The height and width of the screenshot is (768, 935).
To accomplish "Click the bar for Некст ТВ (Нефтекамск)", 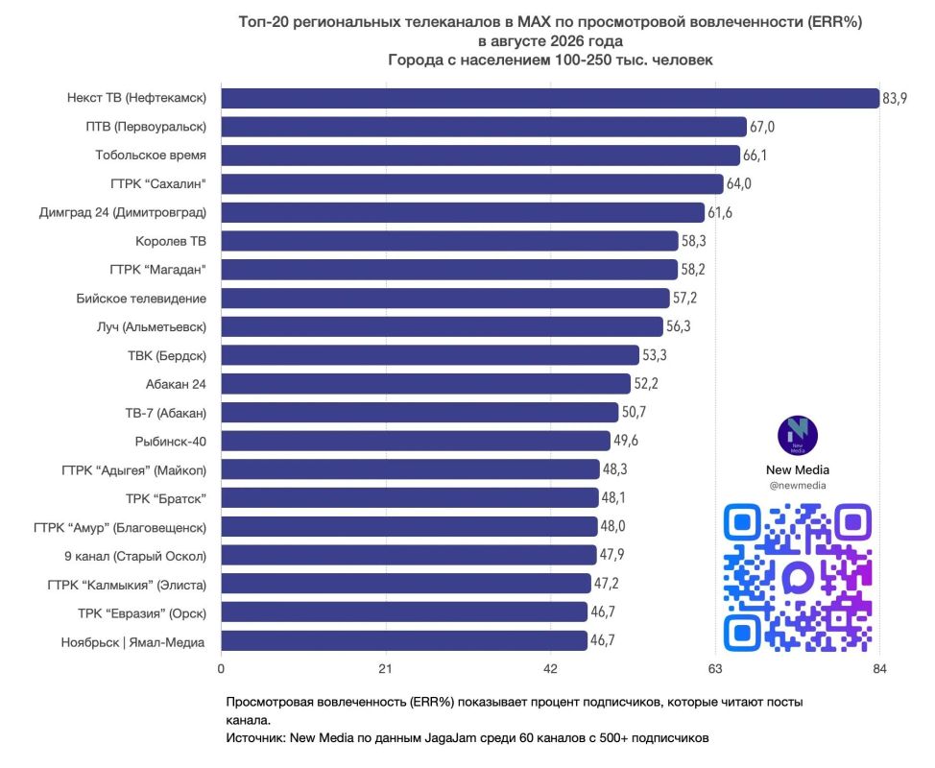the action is coord(550,98).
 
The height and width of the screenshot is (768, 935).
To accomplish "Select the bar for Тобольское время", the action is coord(481,156).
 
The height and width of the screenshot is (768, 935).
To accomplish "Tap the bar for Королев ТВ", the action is coord(450,241).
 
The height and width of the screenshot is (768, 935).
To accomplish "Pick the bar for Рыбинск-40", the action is coord(416,442).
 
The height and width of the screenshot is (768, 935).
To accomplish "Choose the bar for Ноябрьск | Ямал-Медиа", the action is coord(404,641).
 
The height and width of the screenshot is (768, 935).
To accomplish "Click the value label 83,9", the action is coord(895,98).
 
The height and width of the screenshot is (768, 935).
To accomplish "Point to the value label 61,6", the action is coord(720,212).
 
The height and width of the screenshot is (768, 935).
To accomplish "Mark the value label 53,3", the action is coord(655,355).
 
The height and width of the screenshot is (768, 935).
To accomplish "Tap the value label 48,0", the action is coord(613,526).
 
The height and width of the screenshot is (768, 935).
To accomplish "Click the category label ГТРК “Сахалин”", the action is coord(158,184).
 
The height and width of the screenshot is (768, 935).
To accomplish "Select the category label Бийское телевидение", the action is coord(141,299).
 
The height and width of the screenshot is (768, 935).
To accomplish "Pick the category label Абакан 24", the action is coord(176,385).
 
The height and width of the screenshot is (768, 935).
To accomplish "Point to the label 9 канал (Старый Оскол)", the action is coord(135,557).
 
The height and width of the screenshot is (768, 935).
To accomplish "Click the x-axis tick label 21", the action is coord(386,669).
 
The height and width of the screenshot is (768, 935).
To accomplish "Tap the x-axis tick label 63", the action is coord(715,669).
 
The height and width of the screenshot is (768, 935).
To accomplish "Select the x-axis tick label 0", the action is coord(221,669).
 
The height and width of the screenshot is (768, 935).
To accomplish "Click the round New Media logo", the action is coord(798,436).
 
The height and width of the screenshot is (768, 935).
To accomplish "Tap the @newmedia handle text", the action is coord(798,486).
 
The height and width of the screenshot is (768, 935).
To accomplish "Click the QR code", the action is coord(798,578).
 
